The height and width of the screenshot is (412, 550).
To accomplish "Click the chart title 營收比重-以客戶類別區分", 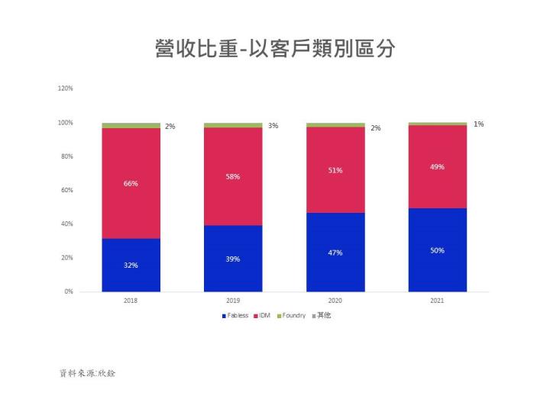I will pyautogui.click(x=275, y=49).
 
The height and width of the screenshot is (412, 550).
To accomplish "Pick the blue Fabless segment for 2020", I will pyautogui.click(x=335, y=267).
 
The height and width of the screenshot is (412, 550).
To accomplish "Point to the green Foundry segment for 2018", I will pyautogui.click(x=131, y=125).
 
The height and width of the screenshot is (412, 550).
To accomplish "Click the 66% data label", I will pyautogui.click(x=131, y=184).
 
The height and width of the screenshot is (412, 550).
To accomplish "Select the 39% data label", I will pyautogui.click(x=233, y=259).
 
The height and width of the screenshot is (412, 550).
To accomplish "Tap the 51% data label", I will pyautogui.click(x=335, y=170).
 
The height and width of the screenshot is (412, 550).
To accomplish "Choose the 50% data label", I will pyautogui.click(x=438, y=250).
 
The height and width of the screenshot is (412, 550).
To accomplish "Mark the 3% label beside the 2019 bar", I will pyautogui.click(x=273, y=125).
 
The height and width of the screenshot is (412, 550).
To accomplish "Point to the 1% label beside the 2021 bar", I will pyautogui.click(x=478, y=124).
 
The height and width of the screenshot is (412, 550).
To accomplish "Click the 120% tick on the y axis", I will pyautogui.click(x=65, y=89).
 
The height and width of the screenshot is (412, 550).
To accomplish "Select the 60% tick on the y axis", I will pyautogui.click(x=66, y=190).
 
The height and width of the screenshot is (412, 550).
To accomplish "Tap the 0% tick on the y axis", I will pyautogui.click(x=68, y=291).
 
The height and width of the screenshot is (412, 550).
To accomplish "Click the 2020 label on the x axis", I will pyautogui.click(x=335, y=301).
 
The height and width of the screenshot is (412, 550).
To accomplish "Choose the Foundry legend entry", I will pyautogui.click(x=291, y=315).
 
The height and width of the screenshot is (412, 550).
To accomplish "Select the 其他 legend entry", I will pyautogui.click(x=321, y=315).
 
